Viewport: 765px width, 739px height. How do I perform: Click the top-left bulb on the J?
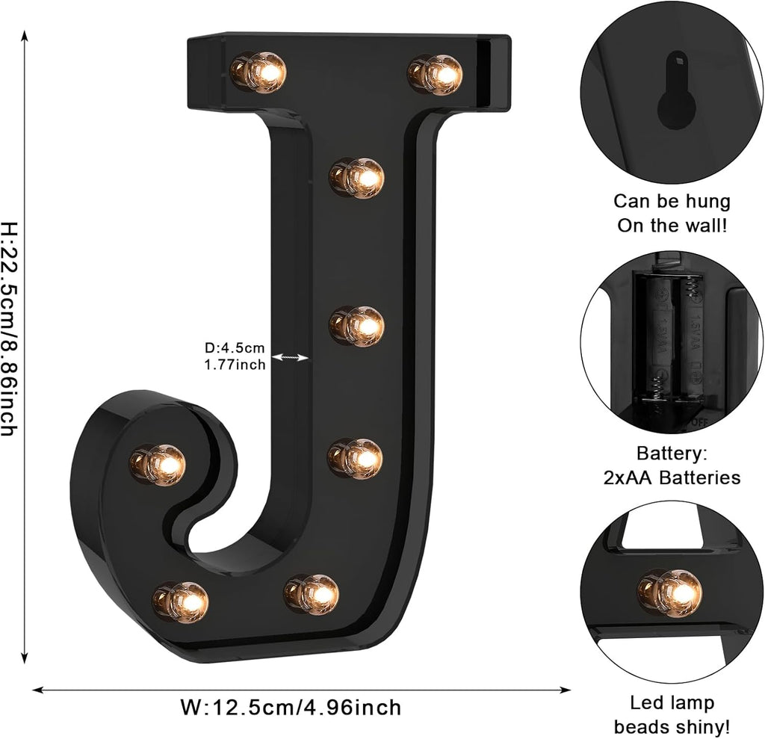tap(258, 72)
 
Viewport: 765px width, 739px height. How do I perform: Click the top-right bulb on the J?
tap(436, 74)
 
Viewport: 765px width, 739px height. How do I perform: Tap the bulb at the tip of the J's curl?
tap(158, 464)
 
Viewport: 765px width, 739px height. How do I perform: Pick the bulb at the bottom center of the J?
tap(312, 593)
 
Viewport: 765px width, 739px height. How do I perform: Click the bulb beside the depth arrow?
tap(357, 326)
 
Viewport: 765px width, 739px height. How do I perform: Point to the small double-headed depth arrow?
tap(290, 358)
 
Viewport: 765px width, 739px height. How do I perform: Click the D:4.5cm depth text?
tap(235, 347)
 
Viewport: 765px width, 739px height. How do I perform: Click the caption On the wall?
tap(672, 225)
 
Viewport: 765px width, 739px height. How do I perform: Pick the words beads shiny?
tap(672, 726)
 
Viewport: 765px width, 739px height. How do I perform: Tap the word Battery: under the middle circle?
tap(672, 453)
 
